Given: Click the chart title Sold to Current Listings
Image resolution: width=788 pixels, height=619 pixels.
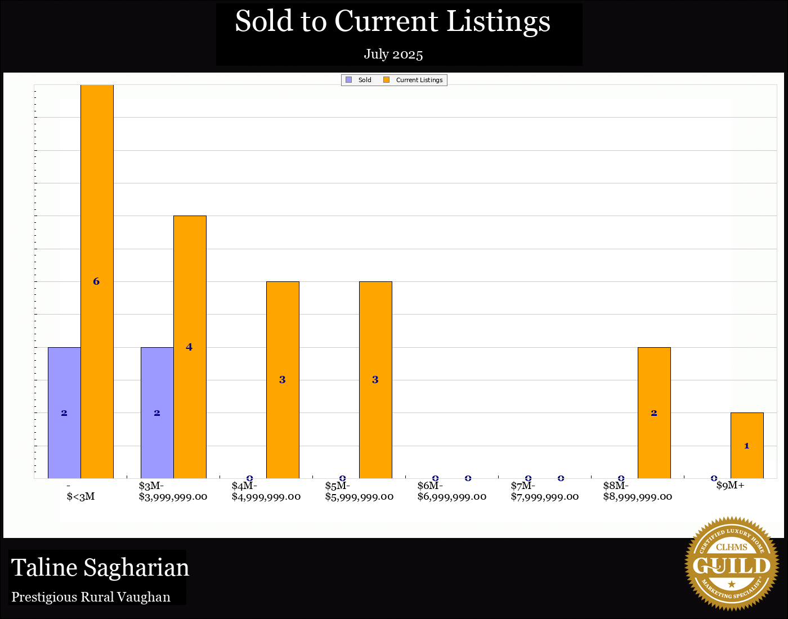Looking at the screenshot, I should click(x=392, y=22).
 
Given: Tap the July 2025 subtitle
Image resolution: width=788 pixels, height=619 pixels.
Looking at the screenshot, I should click(x=393, y=54).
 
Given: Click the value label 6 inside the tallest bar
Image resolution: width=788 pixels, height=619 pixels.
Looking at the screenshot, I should click(x=96, y=281).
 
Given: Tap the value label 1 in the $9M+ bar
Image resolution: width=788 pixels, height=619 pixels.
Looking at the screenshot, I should click(x=747, y=446).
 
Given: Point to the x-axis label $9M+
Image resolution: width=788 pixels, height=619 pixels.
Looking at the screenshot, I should click(x=730, y=486).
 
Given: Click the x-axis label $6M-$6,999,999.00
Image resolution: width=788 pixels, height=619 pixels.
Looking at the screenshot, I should click(x=452, y=491).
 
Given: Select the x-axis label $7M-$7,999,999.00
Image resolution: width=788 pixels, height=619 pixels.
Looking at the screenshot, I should click(x=544, y=491).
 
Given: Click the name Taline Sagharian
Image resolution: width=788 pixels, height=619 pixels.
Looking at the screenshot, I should click(x=100, y=568).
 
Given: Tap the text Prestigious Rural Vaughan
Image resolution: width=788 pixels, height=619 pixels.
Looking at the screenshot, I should click(x=91, y=597).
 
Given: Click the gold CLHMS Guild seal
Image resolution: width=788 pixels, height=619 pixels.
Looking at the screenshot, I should click(x=731, y=564).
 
